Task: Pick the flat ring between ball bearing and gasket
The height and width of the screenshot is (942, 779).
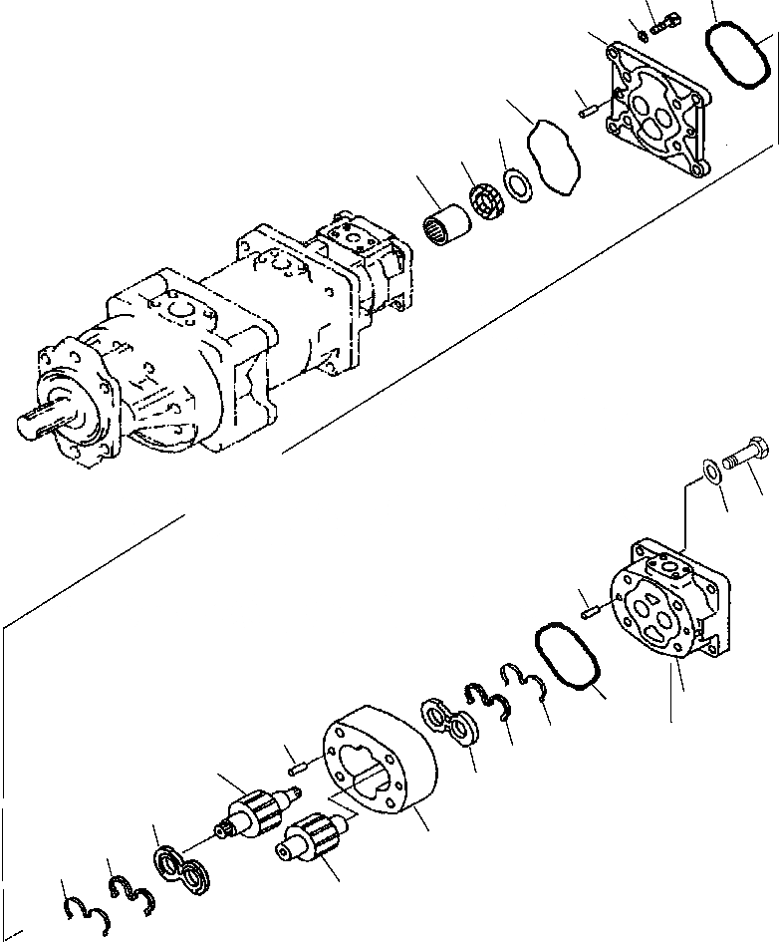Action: (516, 185)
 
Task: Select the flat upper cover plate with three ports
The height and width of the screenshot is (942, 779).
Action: (657, 110)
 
